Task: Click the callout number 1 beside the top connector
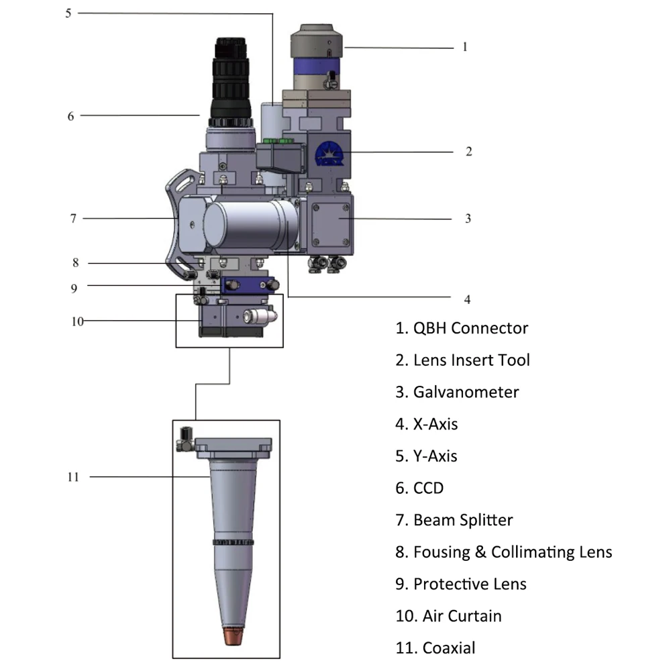click(x=465, y=47)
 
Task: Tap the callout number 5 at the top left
click(x=68, y=13)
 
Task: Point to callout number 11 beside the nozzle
click(x=73, y=476)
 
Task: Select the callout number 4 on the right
click(x=467, y=299)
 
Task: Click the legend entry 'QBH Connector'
click(x=462, y=328)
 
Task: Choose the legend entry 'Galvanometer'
click(x=457, y=392)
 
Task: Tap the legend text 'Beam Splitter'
click(x=454, y=520)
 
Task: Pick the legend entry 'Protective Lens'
click(x=461, y=584)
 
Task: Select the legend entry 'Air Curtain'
click(x=448, y=616)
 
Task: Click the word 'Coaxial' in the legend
click(x=449, y=648)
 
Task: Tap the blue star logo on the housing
click(x=329, y=154)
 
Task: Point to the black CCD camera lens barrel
click(x=231, y=81)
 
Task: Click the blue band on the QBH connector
click(x=316, y=66)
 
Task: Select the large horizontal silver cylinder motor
click(x=250, y=225)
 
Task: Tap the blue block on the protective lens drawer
click(x=248, y=285)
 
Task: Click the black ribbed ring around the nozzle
click(x=234, y=542)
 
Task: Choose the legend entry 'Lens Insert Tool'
click(x=462, y=360)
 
